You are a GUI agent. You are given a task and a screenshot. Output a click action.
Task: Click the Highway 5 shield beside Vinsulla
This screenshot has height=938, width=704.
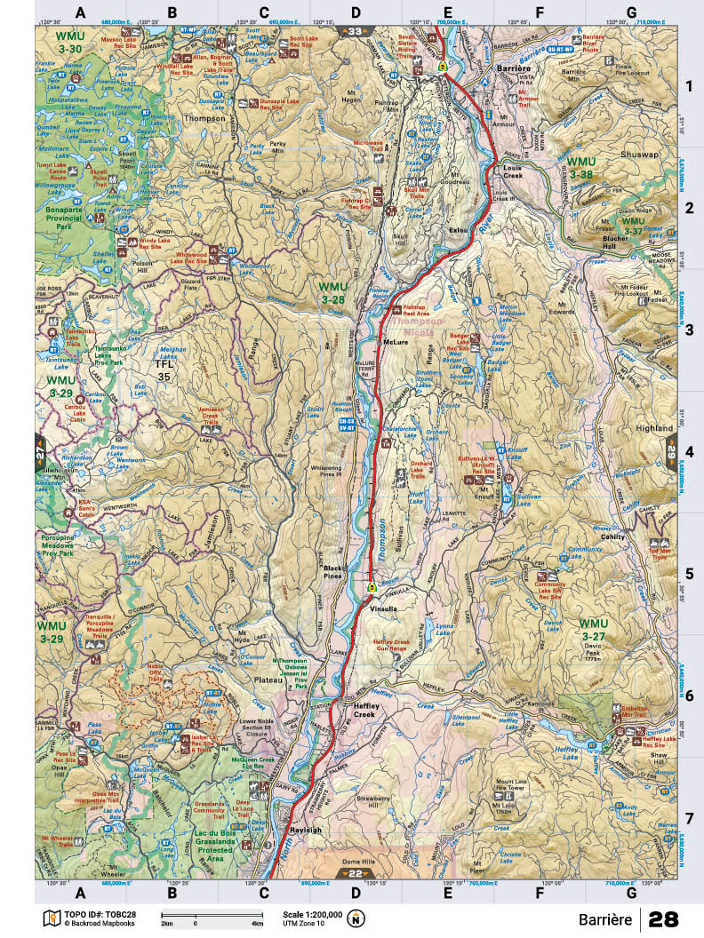click(372, 587)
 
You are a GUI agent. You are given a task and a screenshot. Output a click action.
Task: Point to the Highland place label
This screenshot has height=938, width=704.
click(655, 428)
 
